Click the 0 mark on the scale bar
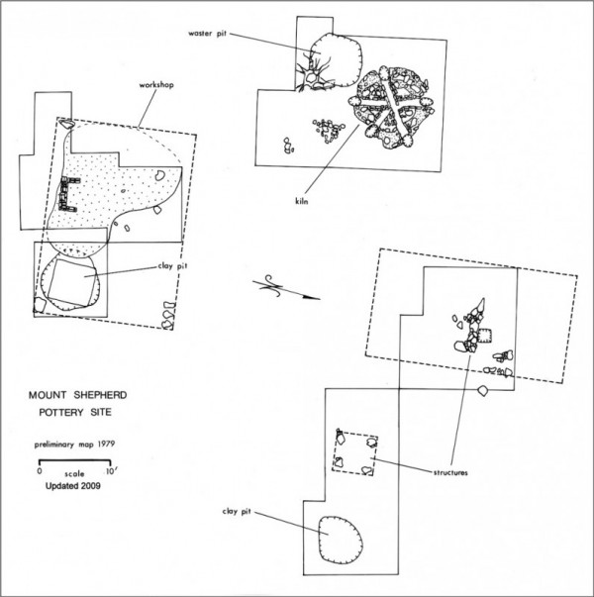39,473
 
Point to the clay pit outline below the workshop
69,284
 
